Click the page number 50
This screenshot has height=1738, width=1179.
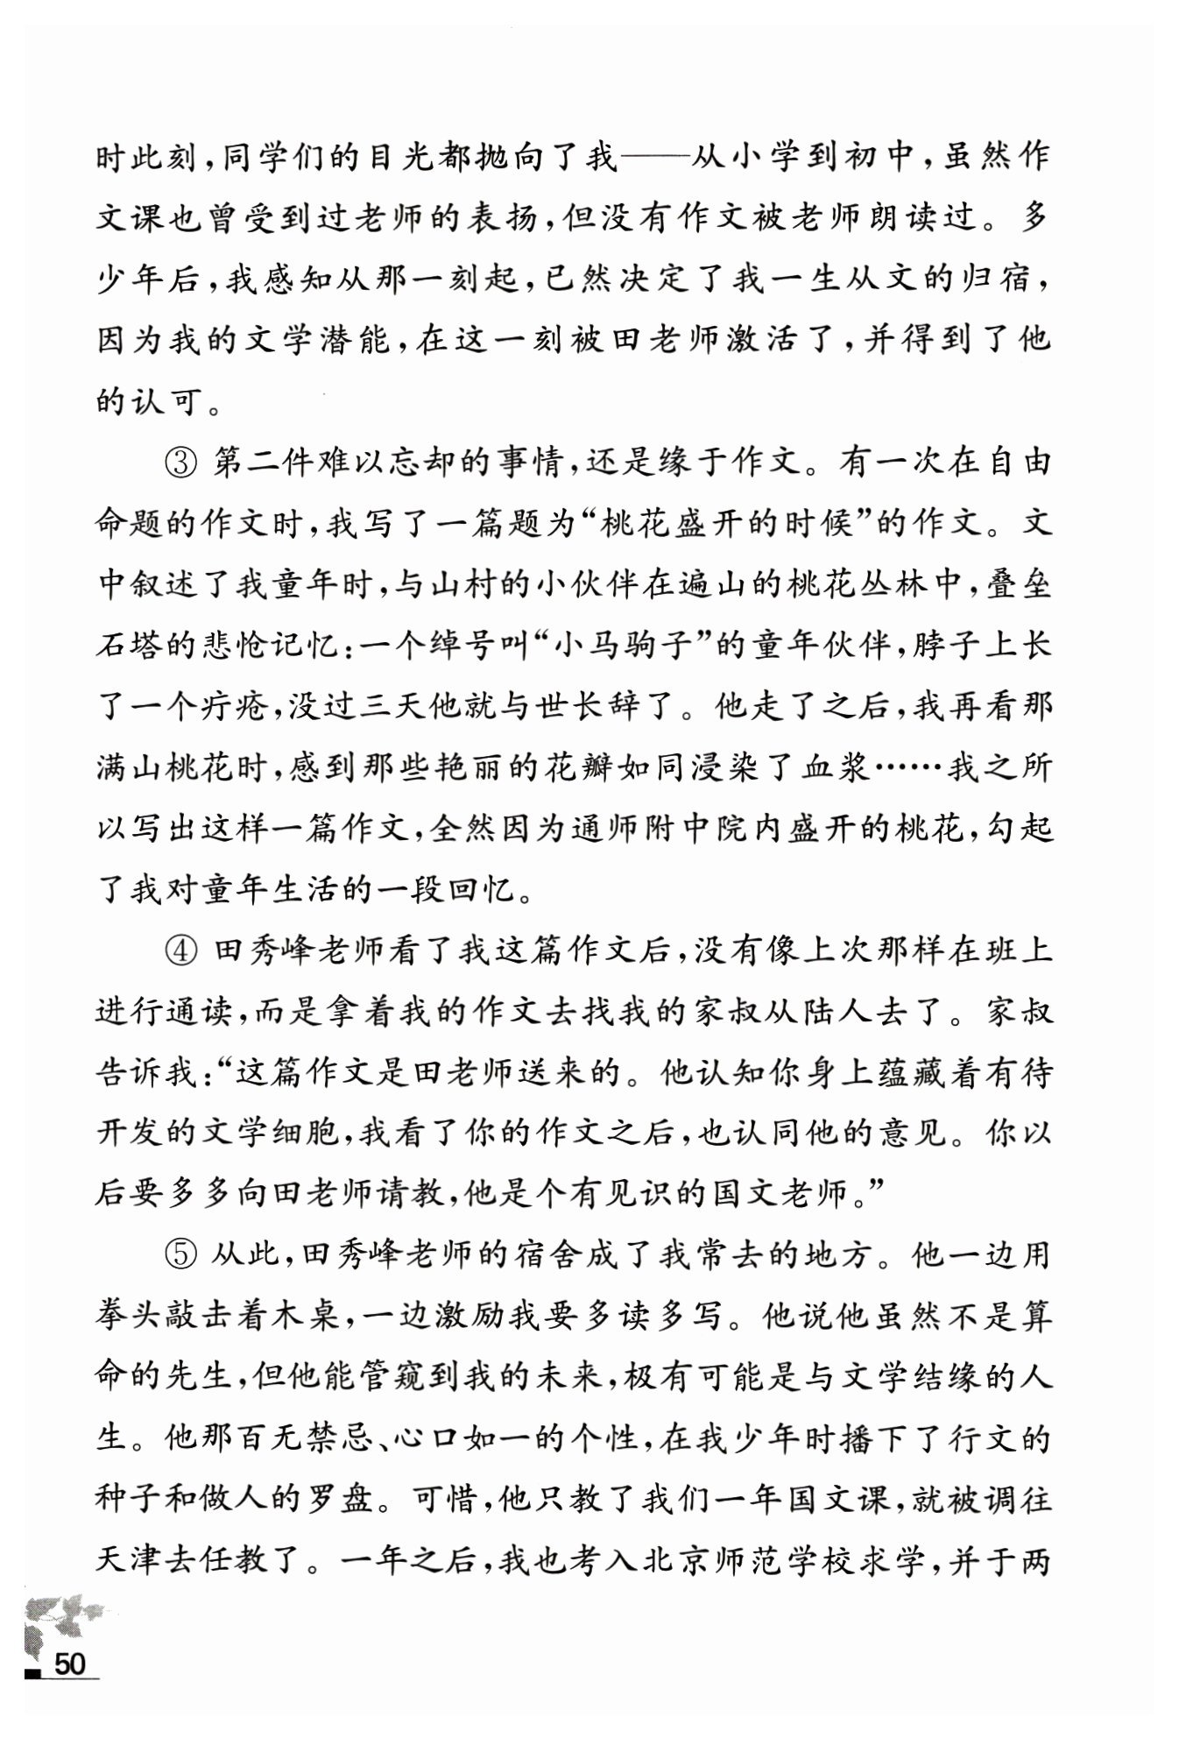(x=70, y=1664)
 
